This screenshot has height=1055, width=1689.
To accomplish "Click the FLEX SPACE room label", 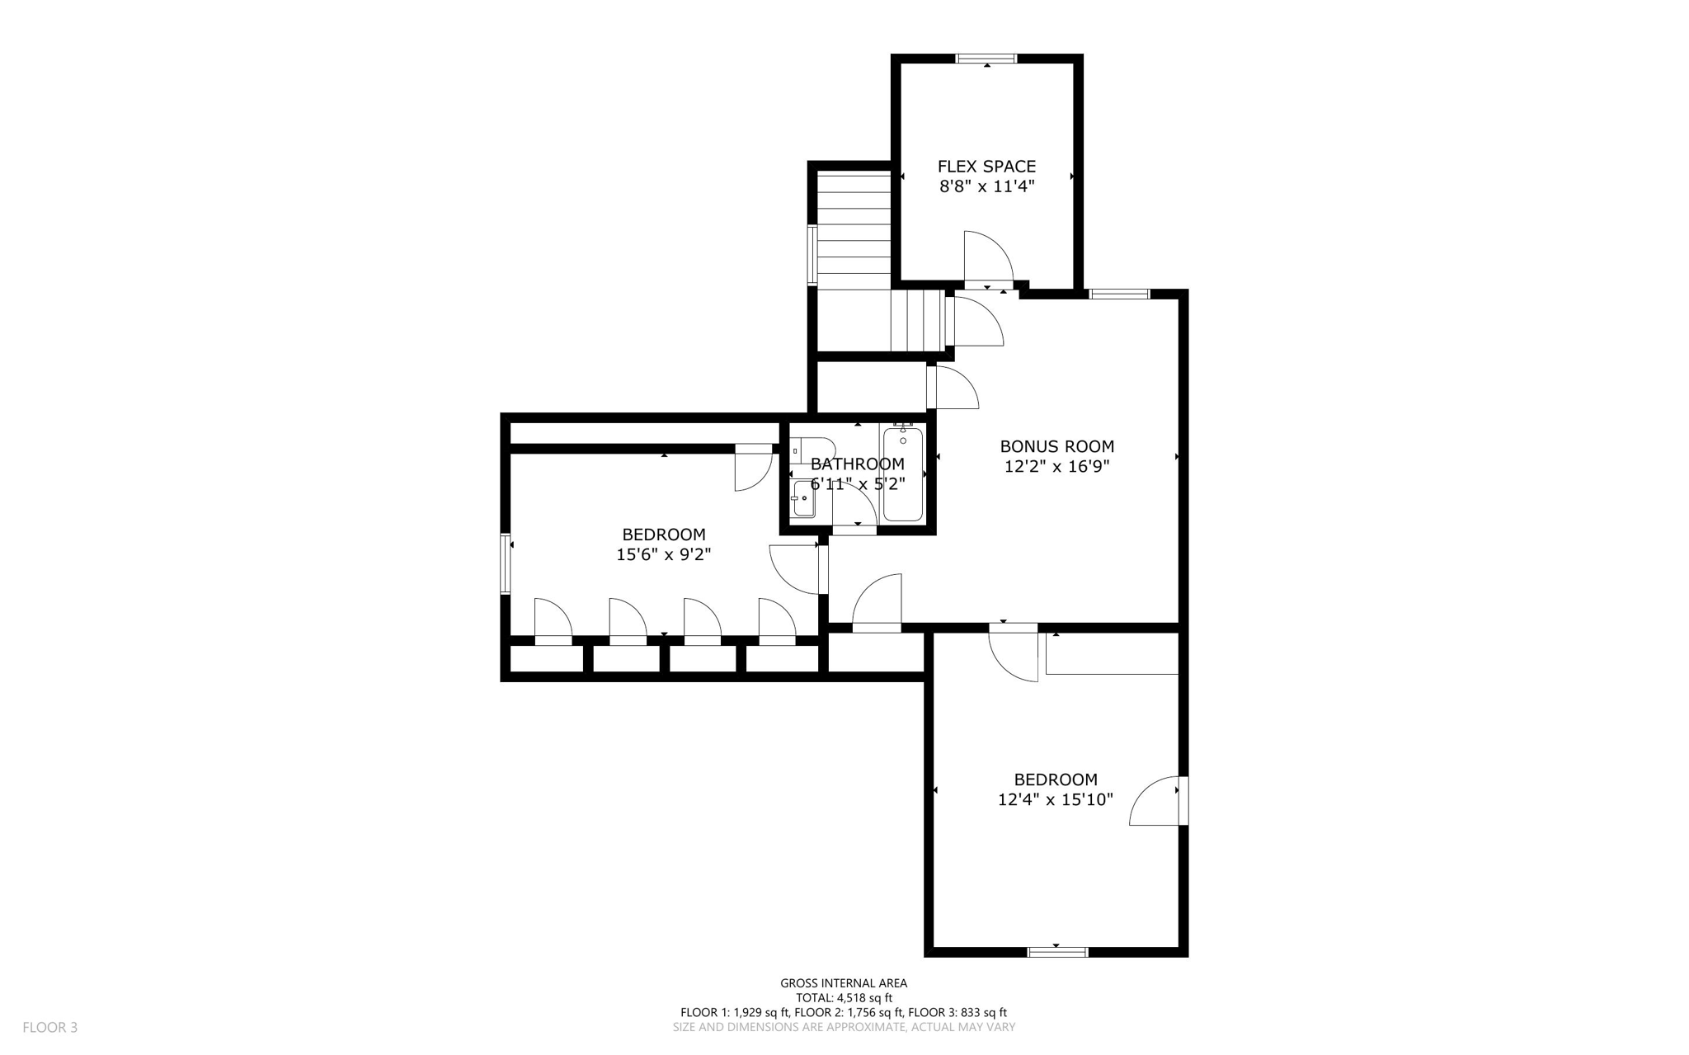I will tap(986, 167).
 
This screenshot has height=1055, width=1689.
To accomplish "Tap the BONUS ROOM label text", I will tap(1056, 446).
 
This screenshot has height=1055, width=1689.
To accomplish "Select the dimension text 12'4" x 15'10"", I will tap(1055, 799).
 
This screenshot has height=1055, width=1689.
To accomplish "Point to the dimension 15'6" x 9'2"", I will tap(663, 554).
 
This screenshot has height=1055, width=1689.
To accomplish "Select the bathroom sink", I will tap(802, 499).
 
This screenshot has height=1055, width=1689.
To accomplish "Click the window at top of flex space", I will tap(986, 59).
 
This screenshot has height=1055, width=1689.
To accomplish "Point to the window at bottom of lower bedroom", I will tap(1057, 952).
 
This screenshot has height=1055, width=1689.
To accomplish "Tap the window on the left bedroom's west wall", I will tap(506, 564).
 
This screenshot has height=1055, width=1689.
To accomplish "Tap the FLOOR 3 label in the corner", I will tap(49, 1027).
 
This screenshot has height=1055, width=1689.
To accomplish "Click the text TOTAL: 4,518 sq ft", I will tap(844, 997).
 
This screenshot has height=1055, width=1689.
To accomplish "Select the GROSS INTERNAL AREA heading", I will tap(844, 982).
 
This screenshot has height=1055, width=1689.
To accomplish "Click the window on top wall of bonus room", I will tap(1119, 294).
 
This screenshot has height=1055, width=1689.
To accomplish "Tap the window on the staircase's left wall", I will tap(812, 255).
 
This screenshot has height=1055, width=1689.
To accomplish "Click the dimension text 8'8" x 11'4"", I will tap(986, 186).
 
